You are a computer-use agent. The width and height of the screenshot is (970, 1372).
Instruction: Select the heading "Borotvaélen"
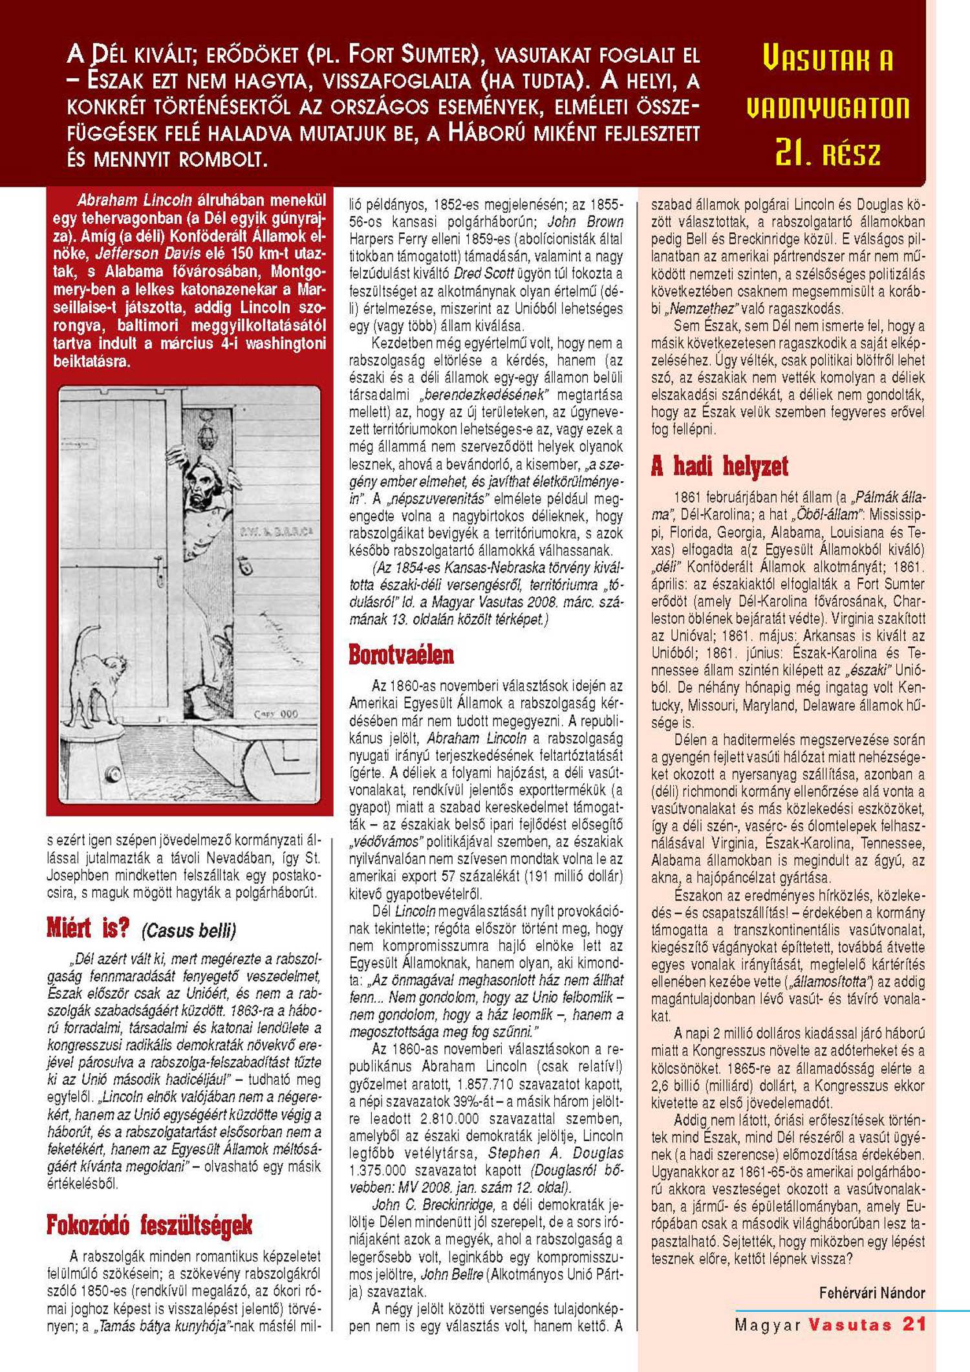(x=401, y=655)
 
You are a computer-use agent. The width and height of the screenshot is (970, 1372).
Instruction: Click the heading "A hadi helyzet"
(x=720, y=466)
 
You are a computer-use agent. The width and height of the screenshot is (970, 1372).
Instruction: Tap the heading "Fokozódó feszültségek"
(x=149, y=1225)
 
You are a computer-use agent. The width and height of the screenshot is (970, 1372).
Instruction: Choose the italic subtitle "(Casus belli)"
(x=188, y=931)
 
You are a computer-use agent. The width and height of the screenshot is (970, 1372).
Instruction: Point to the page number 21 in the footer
(x=914, y=1323)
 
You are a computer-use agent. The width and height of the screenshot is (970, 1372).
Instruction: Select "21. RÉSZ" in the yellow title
(x=828, y=153)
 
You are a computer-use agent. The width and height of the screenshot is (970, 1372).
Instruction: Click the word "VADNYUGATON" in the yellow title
(x=828, y=107)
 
